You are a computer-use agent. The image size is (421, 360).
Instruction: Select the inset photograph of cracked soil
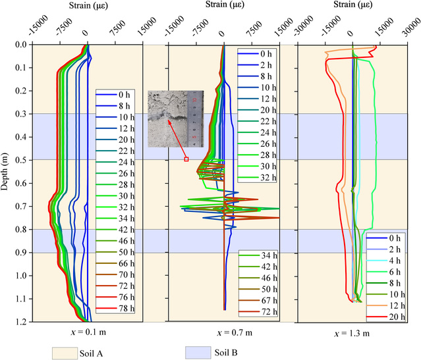click(x=177, y=118)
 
